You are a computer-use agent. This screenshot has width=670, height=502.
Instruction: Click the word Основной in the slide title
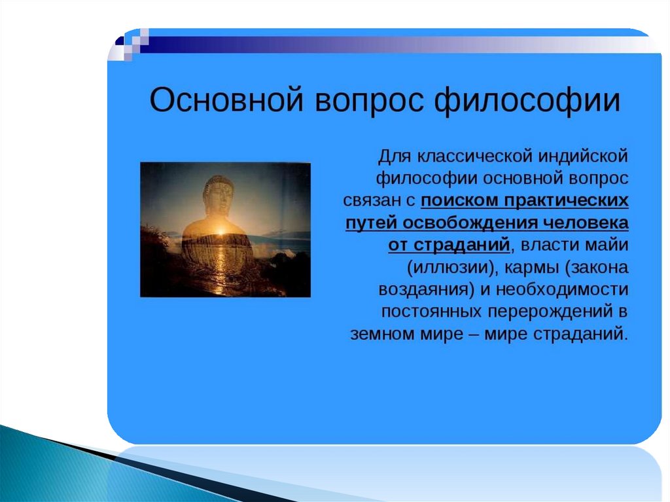click(x=227, y=100)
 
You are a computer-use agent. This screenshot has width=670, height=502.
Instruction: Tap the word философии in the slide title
click(x=527, y=101)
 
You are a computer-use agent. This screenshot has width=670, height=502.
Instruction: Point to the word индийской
click(x=583, y=156)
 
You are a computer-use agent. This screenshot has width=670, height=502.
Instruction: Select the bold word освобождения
click(x=471, y=223)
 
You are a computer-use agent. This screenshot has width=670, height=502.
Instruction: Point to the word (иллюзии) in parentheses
click(x=453, y=268)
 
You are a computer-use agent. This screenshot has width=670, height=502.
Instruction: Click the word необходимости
click(x=562, y=289)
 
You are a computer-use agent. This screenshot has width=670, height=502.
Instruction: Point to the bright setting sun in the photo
click(x=221, y=232)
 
